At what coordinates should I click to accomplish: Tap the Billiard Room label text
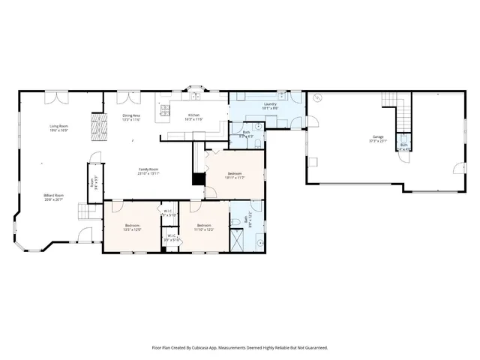[54, 197]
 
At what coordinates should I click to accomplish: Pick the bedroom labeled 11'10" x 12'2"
[205, 227]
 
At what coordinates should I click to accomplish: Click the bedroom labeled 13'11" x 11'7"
[235, 175]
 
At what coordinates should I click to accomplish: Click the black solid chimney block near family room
[198, 179]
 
